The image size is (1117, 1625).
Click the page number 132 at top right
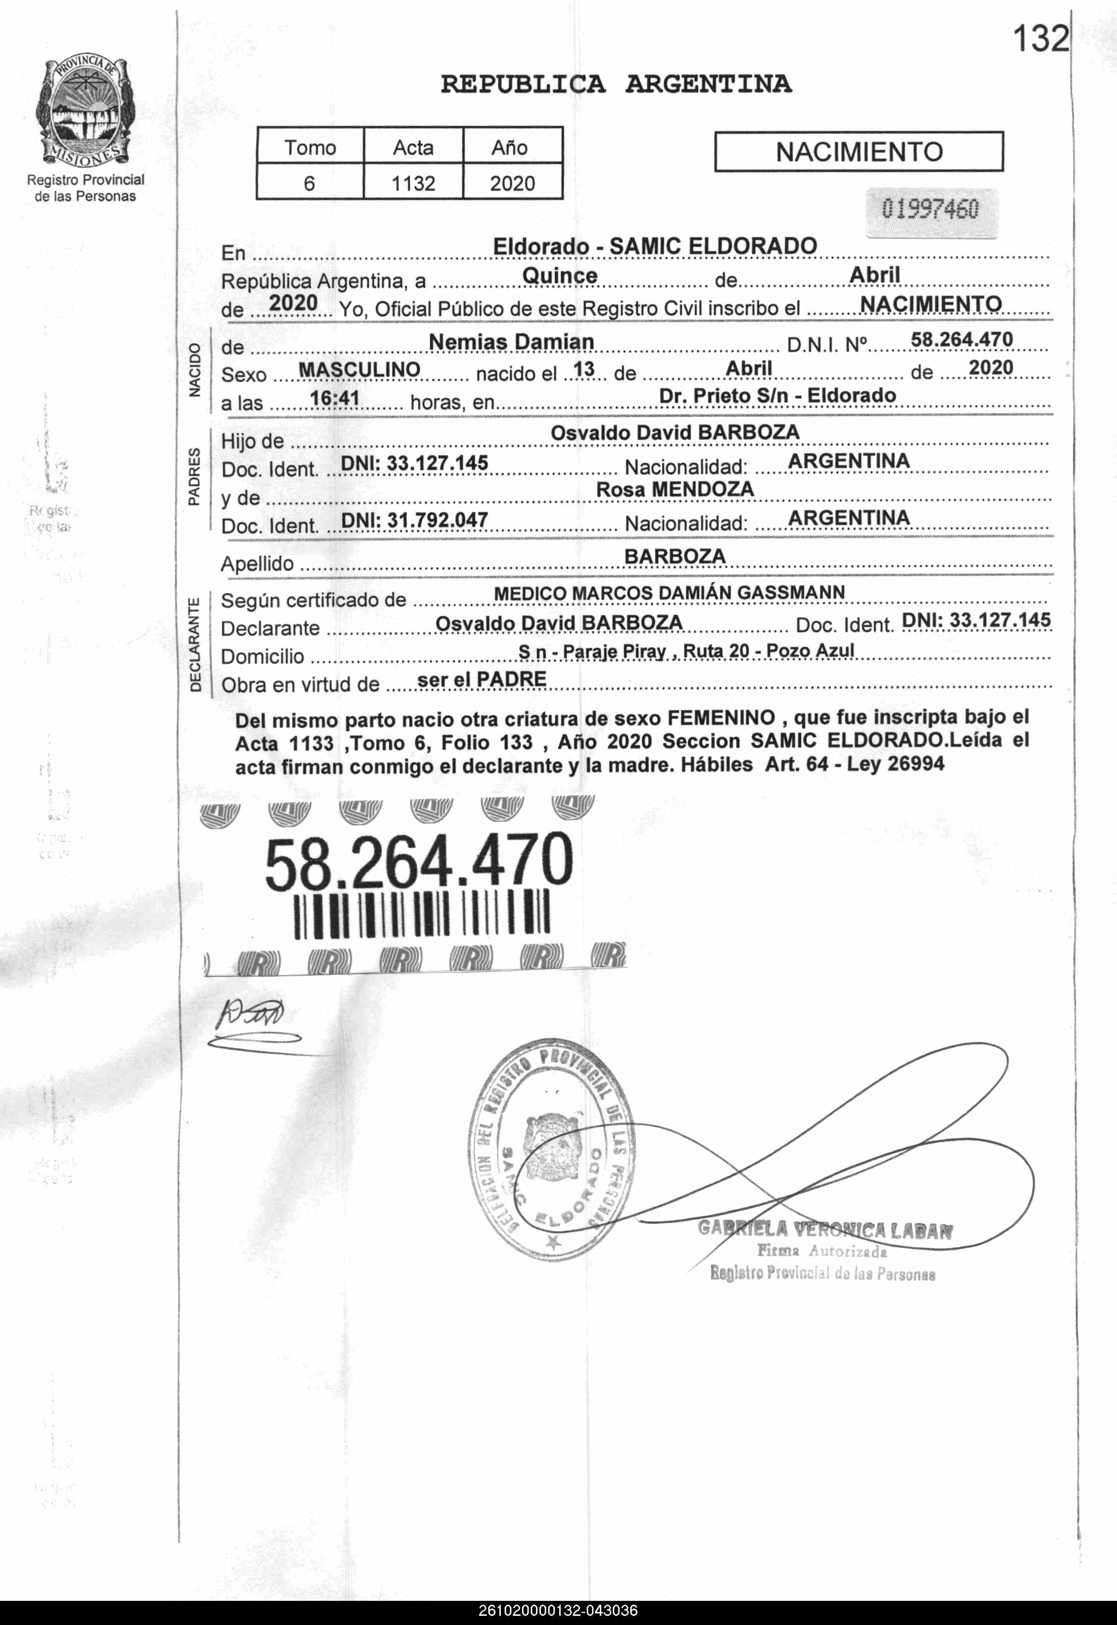[x=1041, y=39]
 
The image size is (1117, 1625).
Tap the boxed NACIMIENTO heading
[x=859, y=152]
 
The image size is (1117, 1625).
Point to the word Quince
[x=560, y=276]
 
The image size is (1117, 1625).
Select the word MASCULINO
[x=359, y=369]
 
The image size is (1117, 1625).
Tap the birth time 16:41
[x=335, y=398]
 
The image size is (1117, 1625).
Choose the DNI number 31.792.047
[x=414, y=520]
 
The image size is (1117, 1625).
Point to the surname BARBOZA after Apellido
[x=675, y=556]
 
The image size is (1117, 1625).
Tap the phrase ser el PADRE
[x=481, y=679]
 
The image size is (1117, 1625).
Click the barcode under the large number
[x=422, y=916]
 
